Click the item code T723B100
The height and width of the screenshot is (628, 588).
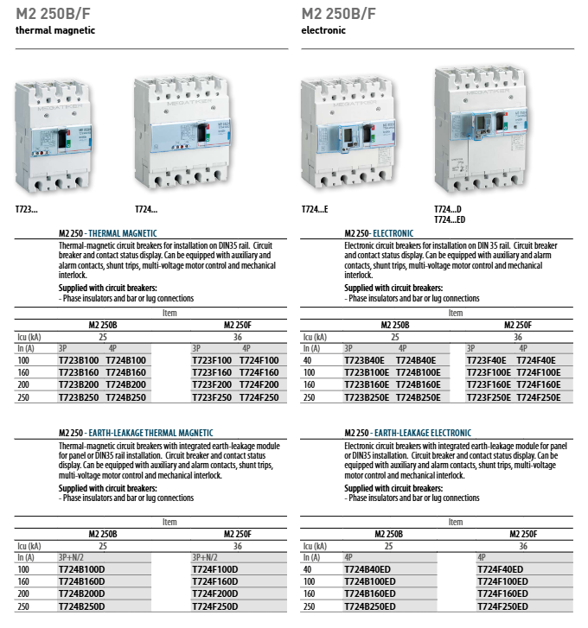[x=78, y=359]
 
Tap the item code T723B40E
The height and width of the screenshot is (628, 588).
[x=365, y=359]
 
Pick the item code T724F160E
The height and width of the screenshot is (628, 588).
[x=539, y=384]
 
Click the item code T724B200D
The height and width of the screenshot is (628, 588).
[x=81, y=594]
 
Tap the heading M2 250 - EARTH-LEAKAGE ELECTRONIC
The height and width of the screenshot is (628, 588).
[x=407, y=433]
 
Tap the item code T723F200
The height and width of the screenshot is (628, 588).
[x=212, y=384]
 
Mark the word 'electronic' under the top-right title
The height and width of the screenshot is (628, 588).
[x=323, y=30]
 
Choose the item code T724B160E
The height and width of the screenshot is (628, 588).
[x=418, y=384]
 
